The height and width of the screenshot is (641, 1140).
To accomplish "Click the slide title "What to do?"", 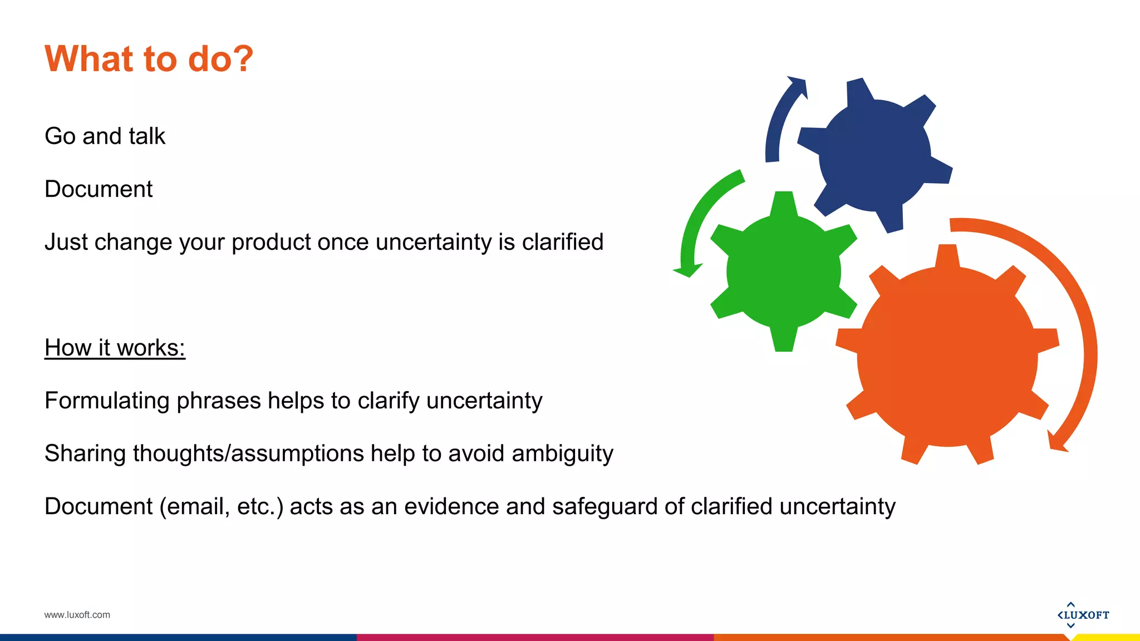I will (x=149, y=59).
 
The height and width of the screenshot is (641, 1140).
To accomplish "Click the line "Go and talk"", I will (x=105, y=136).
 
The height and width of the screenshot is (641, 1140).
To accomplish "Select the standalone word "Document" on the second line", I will (x=99, y=189).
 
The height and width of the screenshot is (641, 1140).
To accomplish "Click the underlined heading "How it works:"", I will (x=115, y=348).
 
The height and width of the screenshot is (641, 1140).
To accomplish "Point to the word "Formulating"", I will (x=106, y=401).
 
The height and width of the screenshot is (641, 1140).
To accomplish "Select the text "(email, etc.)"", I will (x=222, y=507).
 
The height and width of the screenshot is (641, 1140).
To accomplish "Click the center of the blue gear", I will (x=874, y=155).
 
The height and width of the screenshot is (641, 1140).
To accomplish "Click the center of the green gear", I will (x=783, y=272).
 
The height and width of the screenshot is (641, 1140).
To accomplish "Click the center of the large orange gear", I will (x=947, y=356).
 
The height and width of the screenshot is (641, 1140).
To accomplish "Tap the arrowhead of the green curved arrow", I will (x=687, y=270).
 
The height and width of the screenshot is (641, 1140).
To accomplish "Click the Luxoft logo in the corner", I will (x=1083, y=615).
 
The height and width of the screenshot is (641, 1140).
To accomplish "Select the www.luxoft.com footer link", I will (x=77, y=615).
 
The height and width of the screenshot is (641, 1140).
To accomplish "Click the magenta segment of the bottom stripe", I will (x=534, y=637).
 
